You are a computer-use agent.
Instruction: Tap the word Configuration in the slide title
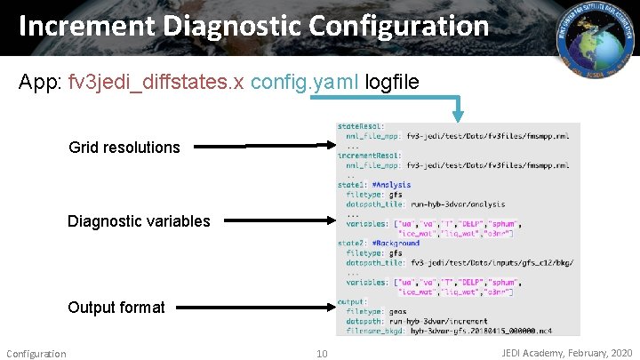tap(396, 27)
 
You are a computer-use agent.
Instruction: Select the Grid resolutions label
tap(124, 148)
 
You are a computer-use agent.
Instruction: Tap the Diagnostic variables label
tap(139, 221)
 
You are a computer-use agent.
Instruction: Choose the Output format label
tap(116, 308)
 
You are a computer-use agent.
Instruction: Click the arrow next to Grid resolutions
tap(262, 148)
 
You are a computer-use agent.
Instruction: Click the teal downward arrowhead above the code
tap(458, 113)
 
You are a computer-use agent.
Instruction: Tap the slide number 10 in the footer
tap(322, 354)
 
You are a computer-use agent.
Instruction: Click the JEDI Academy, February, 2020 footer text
tap(567, 353)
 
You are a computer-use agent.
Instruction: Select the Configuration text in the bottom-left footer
tap(36, 354)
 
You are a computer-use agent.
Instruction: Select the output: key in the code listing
tap(352, 302)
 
